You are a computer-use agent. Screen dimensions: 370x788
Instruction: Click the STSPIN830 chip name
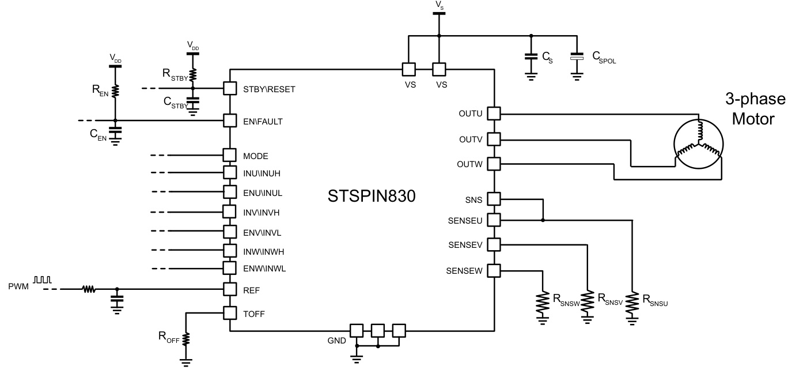[371, 197]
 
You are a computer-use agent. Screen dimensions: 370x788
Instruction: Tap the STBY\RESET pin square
[230, 89]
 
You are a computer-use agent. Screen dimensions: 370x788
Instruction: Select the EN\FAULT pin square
[230, 120]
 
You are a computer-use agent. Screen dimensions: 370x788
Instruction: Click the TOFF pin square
[230, 313]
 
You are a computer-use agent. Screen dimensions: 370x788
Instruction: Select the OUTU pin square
[494, 113]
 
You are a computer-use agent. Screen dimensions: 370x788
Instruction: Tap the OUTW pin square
[494, 164]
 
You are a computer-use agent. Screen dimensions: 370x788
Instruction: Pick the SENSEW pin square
[494, 270]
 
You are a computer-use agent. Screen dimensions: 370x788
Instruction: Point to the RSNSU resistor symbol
[632, 301]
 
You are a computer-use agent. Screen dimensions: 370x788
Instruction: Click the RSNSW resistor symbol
[543, 301]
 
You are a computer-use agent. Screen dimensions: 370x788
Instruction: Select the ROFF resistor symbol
[186, 339]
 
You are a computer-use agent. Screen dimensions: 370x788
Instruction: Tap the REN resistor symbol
[115, 90]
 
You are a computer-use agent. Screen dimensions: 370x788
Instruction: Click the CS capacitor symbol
[531, 58]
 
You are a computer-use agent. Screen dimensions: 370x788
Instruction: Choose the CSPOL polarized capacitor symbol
[577, 58]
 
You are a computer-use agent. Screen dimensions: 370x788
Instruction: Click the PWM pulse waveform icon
[43, 280]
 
